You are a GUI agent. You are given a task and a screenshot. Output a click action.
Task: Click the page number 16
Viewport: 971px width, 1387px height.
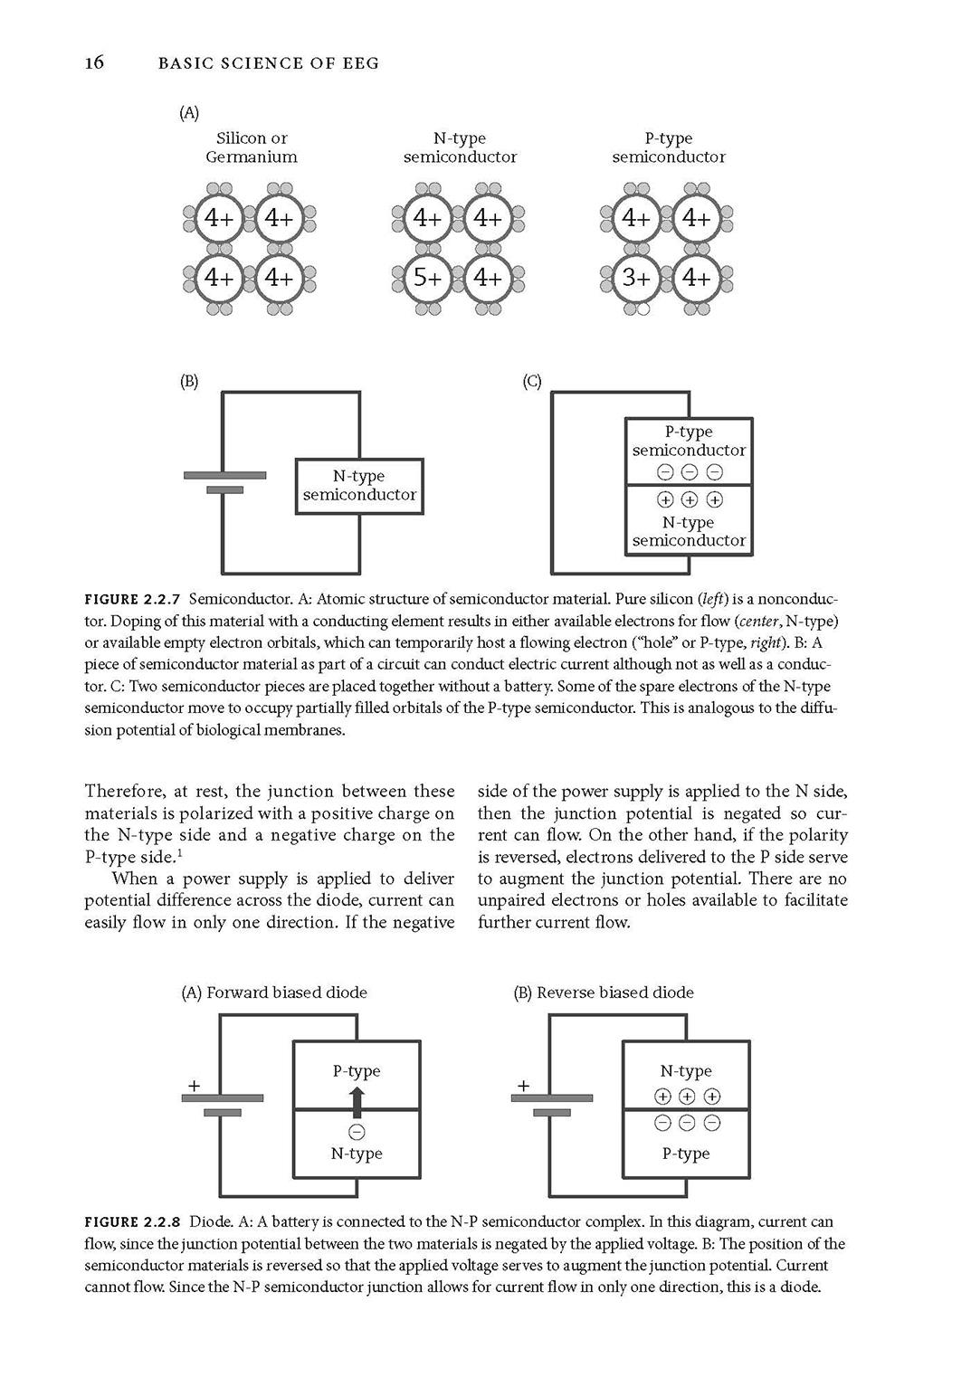[x=95, y=62]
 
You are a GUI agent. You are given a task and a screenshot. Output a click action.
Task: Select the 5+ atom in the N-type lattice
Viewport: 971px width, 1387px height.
[x=427, y=278]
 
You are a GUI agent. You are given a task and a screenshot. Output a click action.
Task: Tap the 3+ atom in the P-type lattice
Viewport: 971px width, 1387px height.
[x=636, y=278]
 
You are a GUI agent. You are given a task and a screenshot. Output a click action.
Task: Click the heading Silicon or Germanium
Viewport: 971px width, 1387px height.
[x=252, y=147]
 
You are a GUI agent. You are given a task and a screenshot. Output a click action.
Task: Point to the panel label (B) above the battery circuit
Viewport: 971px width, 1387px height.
[x=189, y=381]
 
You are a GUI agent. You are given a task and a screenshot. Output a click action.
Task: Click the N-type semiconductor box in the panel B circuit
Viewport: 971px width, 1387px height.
[x=360, y=486]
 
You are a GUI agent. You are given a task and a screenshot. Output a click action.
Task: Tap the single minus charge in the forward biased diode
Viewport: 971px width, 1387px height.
[x=357, y=1132]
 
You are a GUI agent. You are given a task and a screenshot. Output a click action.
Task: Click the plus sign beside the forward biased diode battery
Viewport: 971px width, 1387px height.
[x=195, y=1086]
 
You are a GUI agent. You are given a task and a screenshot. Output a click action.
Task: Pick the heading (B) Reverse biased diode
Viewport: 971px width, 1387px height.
[x=604, y=993]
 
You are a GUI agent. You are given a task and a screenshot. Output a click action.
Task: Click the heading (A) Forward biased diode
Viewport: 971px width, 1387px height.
[x=274, y=993]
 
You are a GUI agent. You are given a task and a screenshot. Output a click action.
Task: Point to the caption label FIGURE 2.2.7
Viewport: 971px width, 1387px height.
[x=132, y=599]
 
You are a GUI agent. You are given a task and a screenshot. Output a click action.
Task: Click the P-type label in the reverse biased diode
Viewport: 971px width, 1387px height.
[x=686, y=1154]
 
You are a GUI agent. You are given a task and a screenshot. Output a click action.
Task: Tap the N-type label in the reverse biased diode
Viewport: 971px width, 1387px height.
[x=686, y=1070]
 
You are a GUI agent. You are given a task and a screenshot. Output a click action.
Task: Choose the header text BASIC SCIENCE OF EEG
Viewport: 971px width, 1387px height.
[x=269, y=63]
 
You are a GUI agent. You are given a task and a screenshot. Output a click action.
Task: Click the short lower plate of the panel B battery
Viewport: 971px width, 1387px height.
[x=224, y=489]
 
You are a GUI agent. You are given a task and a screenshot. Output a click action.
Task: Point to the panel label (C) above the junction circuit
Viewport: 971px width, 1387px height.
[x=532, y=381]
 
